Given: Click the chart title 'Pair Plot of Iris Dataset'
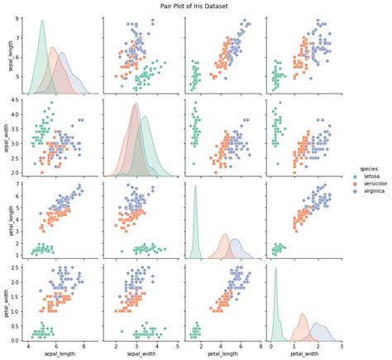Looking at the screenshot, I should pyautogui.click(x=196, y=5).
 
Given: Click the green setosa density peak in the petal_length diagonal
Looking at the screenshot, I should pyautogui.click(x=195, y=187).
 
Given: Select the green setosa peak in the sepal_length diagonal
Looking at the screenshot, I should pyautogui.click(x=42, y=22).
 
